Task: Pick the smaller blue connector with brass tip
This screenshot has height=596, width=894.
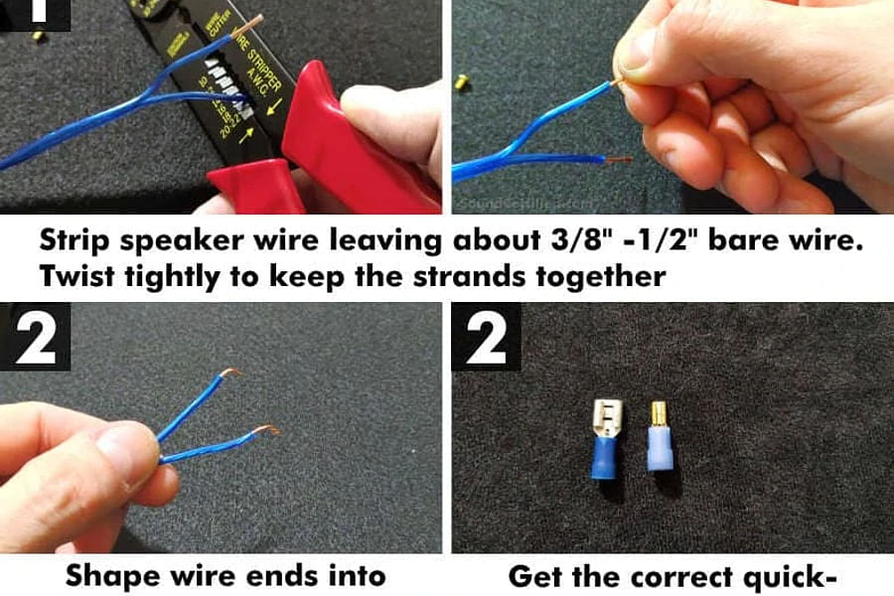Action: [658, 441]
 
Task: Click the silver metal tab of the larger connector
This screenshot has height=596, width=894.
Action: [606, 416]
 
